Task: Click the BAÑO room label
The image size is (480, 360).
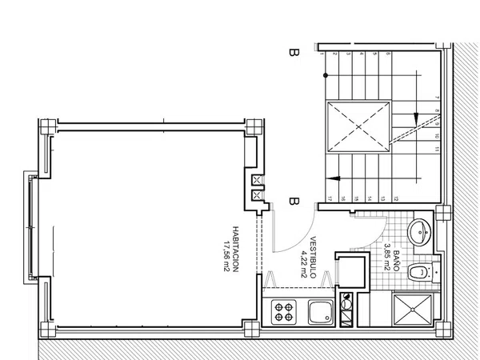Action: [x=397, y=256]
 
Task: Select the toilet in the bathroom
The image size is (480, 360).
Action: [x=418, y=274]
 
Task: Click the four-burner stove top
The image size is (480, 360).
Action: [x=283, y=312]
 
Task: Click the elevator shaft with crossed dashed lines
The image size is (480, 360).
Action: [x=357, y=126]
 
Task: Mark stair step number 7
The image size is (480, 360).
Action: [x=438, y=98]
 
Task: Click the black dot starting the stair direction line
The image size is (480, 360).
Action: [x=325, y=74]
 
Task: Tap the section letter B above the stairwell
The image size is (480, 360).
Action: [x=294, y=54]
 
